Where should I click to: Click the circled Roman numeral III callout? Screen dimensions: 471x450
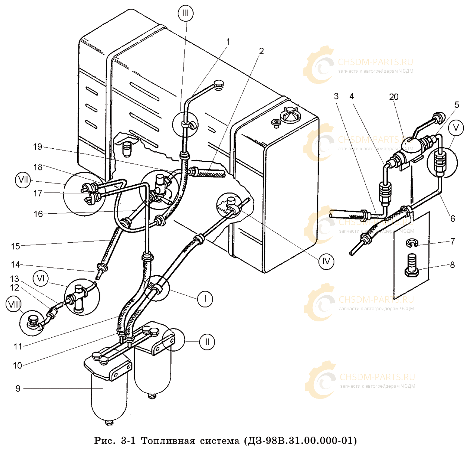click(185, 13)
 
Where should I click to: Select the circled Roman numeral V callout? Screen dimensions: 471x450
click(456, 128)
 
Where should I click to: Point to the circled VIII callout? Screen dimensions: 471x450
click(13, 304)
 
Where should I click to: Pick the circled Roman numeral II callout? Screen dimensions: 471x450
click(207, 342)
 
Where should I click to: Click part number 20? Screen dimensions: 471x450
click(394, 97)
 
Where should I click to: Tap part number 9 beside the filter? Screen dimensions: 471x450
click(18, 389)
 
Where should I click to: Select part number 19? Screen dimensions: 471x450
click(38, 147)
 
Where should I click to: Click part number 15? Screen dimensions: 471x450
click(16, 246)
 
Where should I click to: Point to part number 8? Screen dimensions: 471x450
click(452, 265)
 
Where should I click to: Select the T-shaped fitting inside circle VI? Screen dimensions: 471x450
click(78, 297)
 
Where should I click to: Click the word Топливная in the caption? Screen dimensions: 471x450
click(168, 441)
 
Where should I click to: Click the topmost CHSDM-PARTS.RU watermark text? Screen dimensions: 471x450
click(375, 62)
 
